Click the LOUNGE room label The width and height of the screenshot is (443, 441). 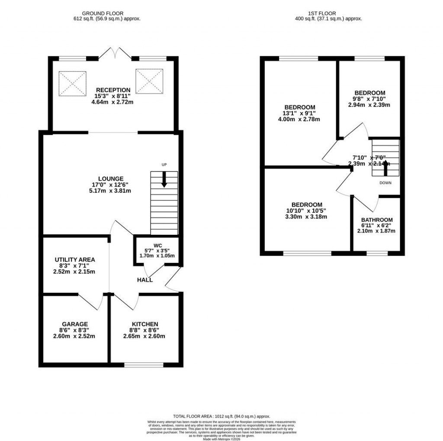111,178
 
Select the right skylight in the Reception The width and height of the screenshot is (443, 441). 150,80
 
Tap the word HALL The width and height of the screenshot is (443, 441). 145,280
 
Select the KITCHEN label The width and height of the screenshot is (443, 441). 145,324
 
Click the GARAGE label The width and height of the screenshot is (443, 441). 75,324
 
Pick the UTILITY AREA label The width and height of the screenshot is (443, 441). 75,259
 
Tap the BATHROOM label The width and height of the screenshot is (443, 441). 377,220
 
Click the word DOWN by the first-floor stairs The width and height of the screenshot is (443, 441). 385,183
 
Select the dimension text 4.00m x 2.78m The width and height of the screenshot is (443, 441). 300,120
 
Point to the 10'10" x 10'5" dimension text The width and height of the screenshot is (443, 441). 306,211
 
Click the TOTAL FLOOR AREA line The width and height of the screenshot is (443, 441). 221,415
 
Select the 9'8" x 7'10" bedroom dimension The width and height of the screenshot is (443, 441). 369,99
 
